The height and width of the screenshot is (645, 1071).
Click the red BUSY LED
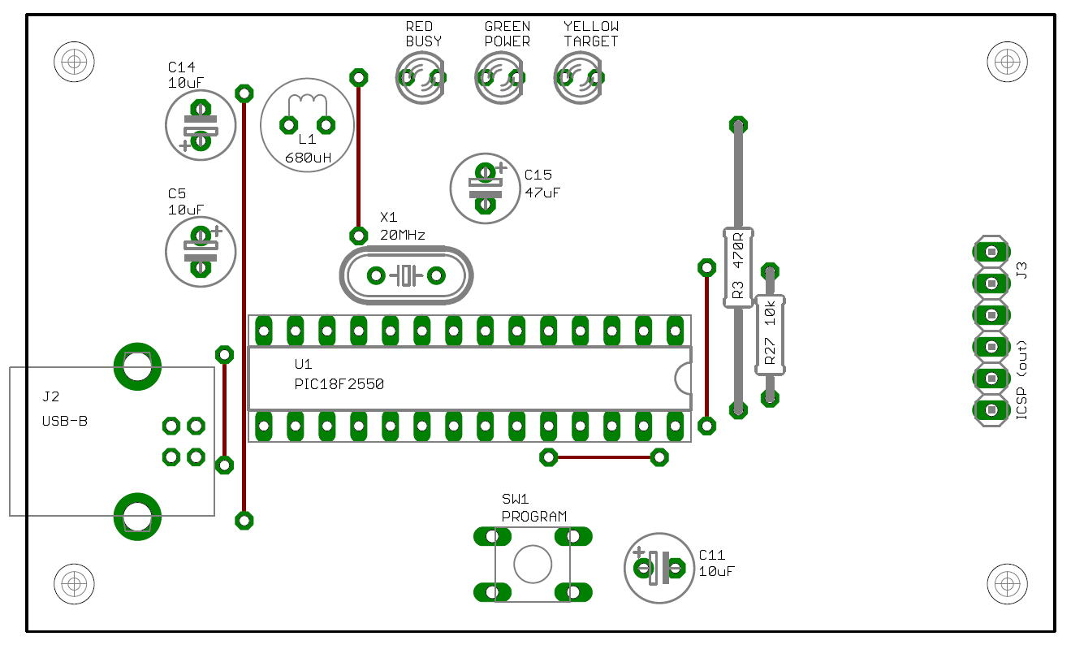coord(421,77)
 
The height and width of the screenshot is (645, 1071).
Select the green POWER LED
coord(500,77)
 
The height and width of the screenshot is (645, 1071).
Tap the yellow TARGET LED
coord(579,77)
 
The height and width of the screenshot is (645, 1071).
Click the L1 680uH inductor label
coord(308,149)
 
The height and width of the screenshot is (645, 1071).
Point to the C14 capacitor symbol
coord(201,125)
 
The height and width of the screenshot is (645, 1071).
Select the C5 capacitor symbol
coord(201,252)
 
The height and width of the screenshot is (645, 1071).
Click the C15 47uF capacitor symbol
coord(486,188)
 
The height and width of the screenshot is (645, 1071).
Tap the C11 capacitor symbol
coord(659,569)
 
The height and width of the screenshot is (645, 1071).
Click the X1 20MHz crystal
coord(407,275)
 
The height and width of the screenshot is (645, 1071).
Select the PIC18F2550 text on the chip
coord(339,384)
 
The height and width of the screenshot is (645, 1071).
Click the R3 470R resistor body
coord(738,268)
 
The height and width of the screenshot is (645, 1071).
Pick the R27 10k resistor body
coord(770,335)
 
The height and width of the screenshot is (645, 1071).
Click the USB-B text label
coord(65,421)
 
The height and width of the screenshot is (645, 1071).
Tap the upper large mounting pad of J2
coord(137,366)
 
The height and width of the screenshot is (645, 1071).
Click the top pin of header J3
coord(991,252)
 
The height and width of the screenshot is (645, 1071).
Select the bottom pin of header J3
coord(991,410)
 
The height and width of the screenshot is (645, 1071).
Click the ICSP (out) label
coord(1021,380)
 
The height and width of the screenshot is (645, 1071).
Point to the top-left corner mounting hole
coord(74,62)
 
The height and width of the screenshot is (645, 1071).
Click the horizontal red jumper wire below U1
coord(604,457)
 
